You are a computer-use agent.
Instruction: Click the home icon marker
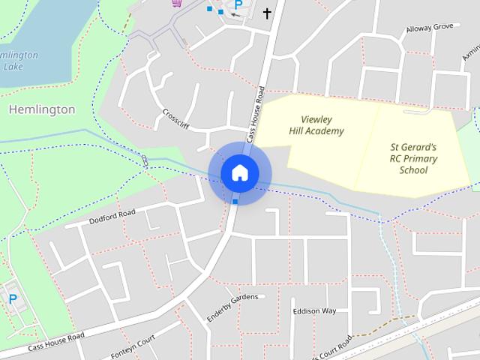pyautogui.click(x=240, y=173)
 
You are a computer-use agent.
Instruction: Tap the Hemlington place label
pyautogui.click(x=42, y=109)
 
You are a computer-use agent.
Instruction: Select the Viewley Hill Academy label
pyautogui.click(x=316, y=125)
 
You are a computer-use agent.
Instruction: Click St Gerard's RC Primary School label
pyautogui.click(x=413, y=158)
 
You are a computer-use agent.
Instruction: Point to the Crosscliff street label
pyautogui.click(x=175, y=118)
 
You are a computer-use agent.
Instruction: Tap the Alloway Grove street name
pyautogui.click(x=430, y=28)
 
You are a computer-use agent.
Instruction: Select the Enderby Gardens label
pyautogui.click(x=232, y=305)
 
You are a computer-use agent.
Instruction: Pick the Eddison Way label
pyautogui.click(x=314, y=310)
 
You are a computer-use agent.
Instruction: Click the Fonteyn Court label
pyautogui.click(x=132, y=346)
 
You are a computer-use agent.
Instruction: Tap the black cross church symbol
pyautogui.click(x=267, y=13)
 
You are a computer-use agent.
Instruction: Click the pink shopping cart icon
pyautogui.click(x=177, y=2)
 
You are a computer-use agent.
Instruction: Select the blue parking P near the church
pyautogui.click(x=239, y=4)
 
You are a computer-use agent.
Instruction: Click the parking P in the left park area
pyautogui.click(x=13, y=299)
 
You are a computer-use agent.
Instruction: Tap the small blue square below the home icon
pyautogui.click(x=235, y=201)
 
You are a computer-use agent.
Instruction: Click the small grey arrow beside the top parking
pyautogui.click(x=237, y=14)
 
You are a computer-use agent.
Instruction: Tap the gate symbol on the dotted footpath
pyautogui.click(x=144, y=160)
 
